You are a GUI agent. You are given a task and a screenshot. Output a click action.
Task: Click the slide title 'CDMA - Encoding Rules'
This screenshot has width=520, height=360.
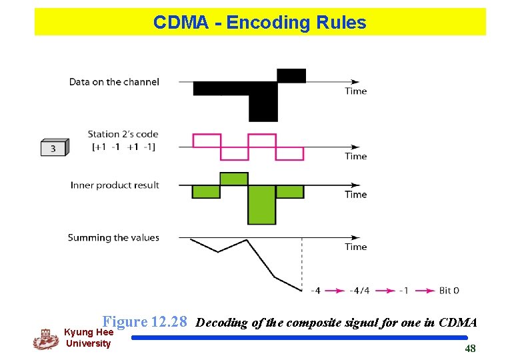tap(259, 23)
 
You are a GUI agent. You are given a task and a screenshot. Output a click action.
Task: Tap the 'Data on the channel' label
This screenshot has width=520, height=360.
tap(114, 82)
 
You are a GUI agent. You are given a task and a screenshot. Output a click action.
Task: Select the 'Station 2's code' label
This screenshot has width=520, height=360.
tap(123, 134)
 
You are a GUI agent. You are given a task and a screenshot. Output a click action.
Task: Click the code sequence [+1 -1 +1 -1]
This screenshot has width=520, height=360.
tap(123, 147)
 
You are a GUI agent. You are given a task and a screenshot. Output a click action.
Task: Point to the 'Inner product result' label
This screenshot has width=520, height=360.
tap(115, 185)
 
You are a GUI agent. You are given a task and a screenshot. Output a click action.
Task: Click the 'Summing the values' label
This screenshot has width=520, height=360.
tap(113, 237)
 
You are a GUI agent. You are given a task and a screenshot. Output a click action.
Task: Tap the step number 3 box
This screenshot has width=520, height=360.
tap(53, 148)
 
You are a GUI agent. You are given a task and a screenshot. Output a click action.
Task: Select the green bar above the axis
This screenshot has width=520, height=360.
tap(233, 179)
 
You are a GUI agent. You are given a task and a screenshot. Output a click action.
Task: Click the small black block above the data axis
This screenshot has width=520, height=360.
tap(291, 75)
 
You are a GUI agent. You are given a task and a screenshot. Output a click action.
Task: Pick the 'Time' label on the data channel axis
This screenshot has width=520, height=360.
tap(356, 91)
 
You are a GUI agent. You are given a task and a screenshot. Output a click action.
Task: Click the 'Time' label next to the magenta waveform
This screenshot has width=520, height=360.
tap(356, 156)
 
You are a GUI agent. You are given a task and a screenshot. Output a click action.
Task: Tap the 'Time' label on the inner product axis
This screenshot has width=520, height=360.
tap(356, 194)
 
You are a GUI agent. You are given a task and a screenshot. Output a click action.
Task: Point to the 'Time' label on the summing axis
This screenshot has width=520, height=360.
tap(356, 247)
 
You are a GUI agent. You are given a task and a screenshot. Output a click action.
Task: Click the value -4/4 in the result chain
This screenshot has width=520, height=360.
tap(360, 291)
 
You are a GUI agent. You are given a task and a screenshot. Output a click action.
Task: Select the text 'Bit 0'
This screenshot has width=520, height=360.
tap(449, 291)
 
